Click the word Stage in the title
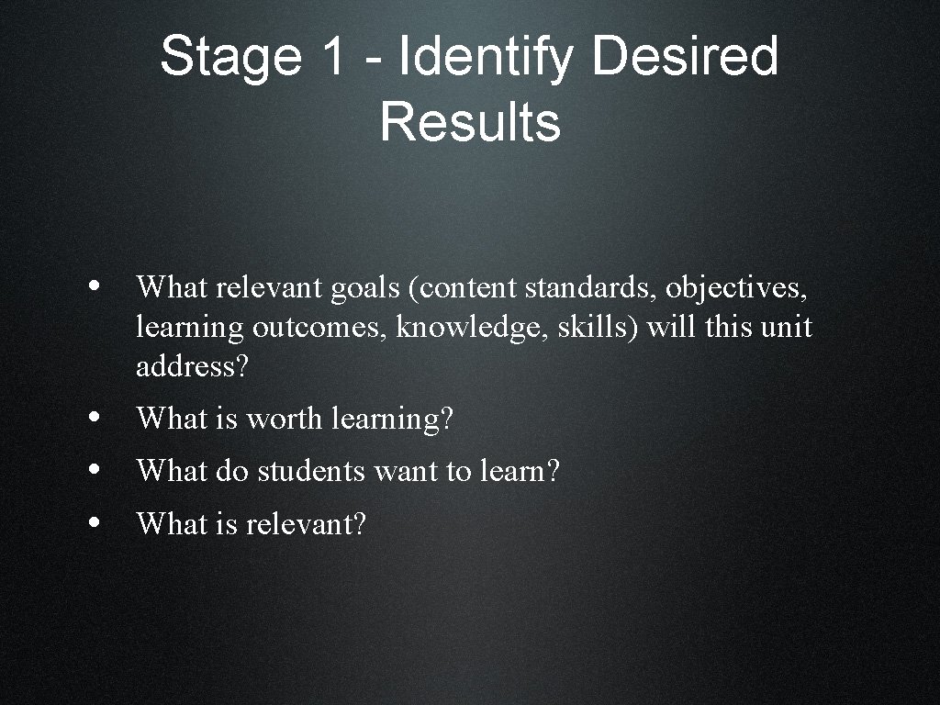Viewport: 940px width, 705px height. (230, 57)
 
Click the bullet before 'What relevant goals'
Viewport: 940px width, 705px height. (96, 285)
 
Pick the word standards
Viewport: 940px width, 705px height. (591, 288)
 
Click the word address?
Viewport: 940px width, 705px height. (192, 367)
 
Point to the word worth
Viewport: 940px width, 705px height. (285, 420)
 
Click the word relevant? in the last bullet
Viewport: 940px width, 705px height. (306, 524)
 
